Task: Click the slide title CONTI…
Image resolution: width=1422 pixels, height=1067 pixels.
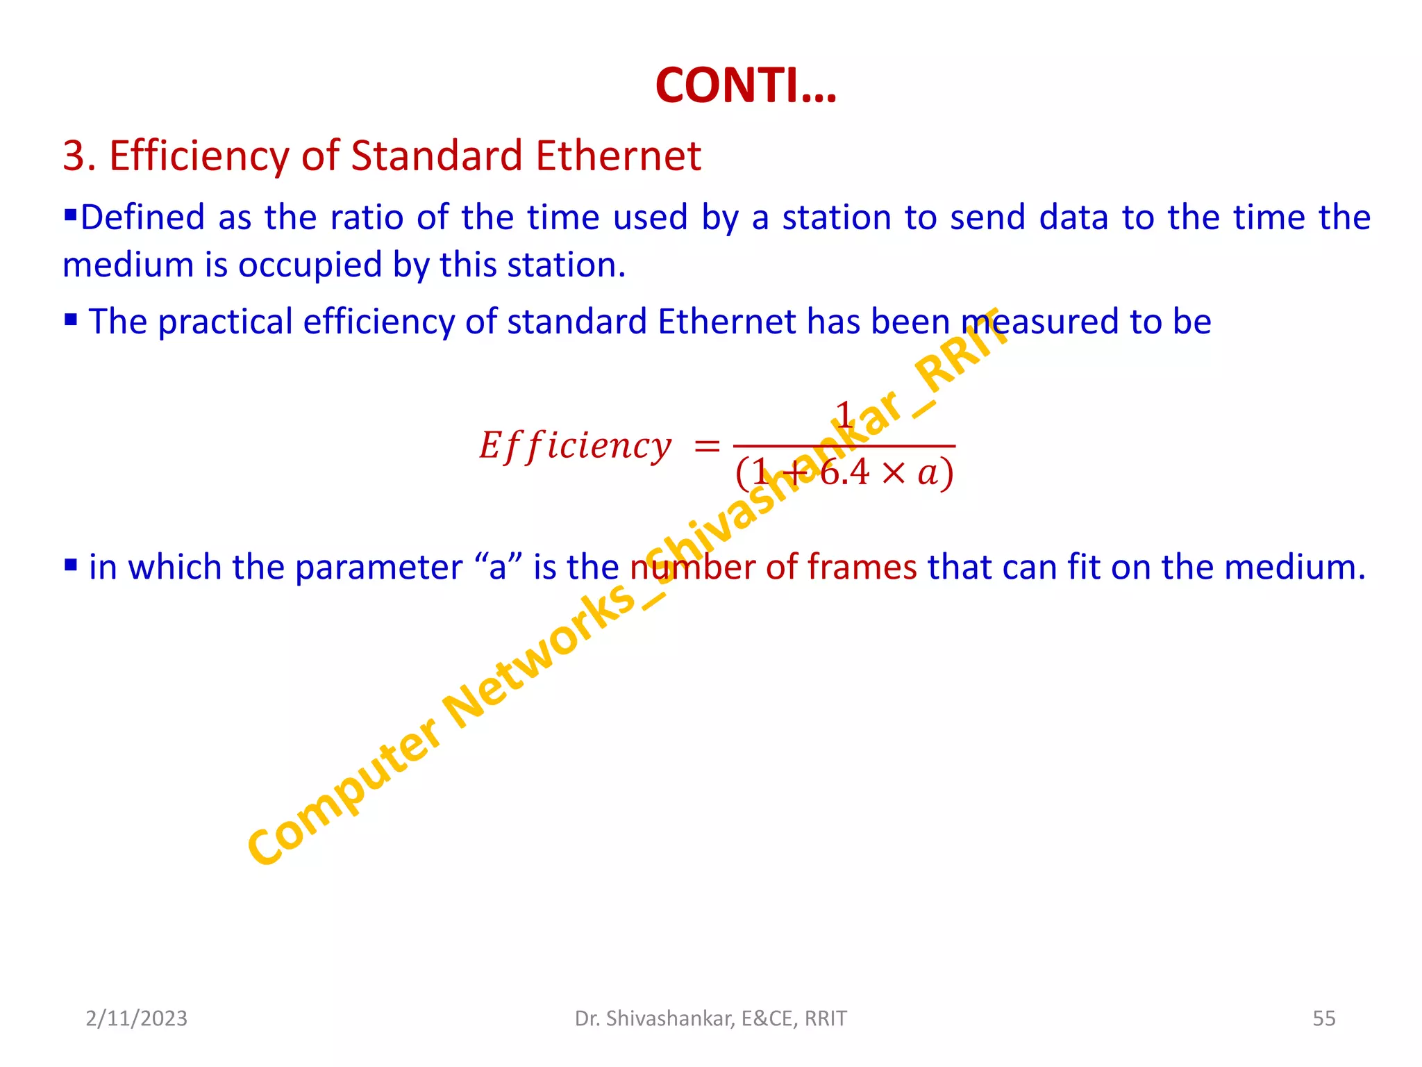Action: pos(746,86)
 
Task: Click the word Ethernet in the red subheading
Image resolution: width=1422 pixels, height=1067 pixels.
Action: pos(618,156)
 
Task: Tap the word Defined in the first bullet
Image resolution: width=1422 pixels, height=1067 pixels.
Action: pos(143,218)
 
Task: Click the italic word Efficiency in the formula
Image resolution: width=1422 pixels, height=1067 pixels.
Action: pos(575,446)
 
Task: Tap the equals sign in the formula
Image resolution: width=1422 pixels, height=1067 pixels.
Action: pos(707,447)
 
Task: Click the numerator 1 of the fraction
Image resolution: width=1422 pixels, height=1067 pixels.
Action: pos(843,415)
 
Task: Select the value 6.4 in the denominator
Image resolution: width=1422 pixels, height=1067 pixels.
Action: pos(844,473)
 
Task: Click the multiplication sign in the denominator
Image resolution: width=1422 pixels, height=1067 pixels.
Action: pos(894,474)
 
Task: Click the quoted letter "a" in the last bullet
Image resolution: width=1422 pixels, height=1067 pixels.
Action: pos(498,566)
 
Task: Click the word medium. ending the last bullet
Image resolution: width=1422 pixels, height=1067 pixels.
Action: pos(1294,567)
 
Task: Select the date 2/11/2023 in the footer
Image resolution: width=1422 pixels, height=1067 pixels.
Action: pos(136,1018)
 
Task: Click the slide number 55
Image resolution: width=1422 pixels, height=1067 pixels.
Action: pos(1323,1018)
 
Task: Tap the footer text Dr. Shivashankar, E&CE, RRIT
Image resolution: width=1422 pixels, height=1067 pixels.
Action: pos(710,1018)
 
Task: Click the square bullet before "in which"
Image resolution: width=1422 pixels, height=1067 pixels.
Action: pos(71,564)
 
